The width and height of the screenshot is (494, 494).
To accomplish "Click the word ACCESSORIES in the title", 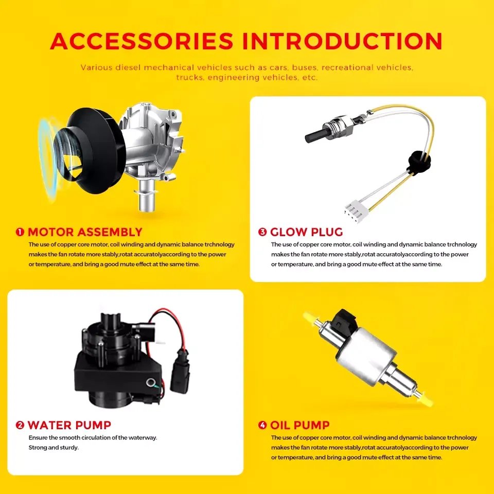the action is click(142, 41).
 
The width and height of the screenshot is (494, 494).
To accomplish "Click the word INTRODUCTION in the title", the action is click(343, 41).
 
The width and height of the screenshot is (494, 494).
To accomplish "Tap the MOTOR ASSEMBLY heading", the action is click(85, 232).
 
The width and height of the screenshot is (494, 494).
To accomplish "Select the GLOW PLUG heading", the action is click(306, 232).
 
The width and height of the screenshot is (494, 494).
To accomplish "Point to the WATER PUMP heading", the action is click(69, 426).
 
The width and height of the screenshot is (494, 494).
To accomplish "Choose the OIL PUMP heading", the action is click(299, 426).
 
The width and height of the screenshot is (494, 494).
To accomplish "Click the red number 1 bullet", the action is click(20, 232).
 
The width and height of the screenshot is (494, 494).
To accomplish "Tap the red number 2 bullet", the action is click(20, 426).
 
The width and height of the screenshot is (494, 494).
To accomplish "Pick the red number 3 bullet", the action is click(262, 232).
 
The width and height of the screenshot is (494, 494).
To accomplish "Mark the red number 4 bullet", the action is click(262, 426).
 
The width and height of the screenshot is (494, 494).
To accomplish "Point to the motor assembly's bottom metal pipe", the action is click(147, 196).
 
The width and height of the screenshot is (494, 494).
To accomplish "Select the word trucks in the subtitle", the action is click(189, 78).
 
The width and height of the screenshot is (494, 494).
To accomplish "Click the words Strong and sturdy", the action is click(53, 448).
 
